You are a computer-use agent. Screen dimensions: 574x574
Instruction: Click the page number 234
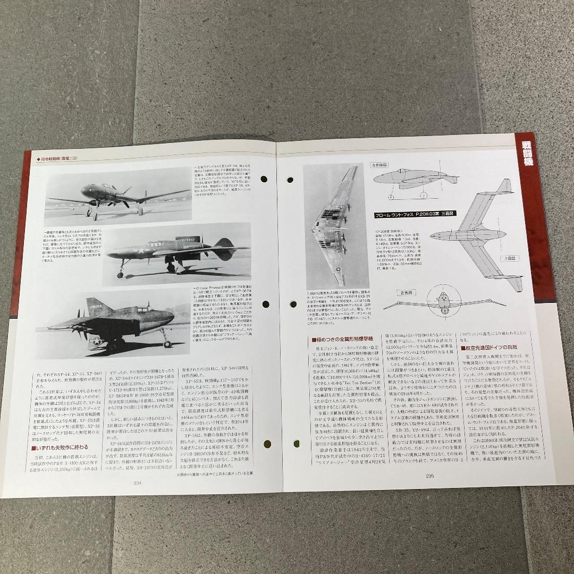click(137, 483)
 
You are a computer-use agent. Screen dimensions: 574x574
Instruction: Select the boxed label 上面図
click(508, 258)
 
